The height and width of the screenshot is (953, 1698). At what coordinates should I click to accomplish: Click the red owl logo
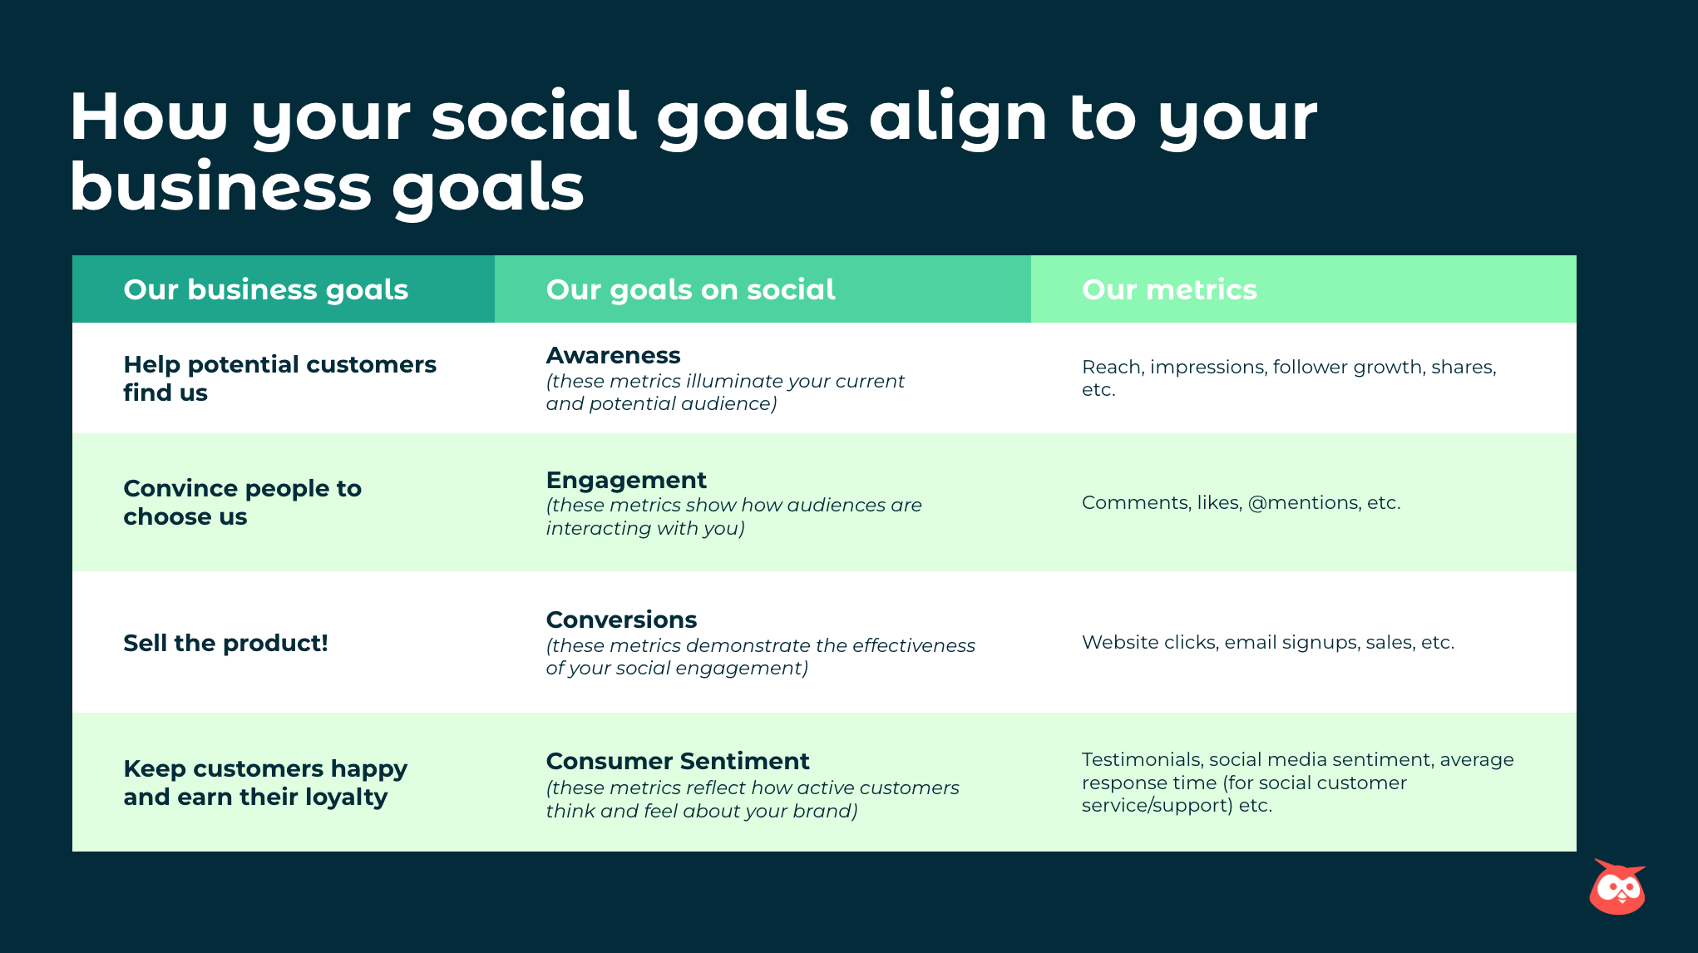point(1617,887)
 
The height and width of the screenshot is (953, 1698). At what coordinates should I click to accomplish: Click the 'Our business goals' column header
point(265,289)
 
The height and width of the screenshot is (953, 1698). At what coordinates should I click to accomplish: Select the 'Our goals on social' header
point(690,289)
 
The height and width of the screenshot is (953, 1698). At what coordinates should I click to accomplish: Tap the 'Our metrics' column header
point(1169,289)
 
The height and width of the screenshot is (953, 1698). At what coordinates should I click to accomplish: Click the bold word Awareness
point(613,355)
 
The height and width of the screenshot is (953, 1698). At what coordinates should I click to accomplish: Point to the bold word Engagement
point(626,480)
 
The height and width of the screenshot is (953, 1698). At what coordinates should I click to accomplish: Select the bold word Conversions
point(621,620)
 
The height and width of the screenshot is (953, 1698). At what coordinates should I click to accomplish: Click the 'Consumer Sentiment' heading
point(677,761)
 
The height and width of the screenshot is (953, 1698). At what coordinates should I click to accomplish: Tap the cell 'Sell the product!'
point(225,643)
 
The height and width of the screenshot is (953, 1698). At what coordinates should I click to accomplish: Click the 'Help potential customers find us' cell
point(279,378)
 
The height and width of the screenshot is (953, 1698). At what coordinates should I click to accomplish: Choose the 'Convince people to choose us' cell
point(242,502)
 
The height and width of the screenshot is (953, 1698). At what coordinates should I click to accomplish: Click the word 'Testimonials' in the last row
point(1142,759)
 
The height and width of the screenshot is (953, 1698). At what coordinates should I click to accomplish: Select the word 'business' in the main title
point(220,187)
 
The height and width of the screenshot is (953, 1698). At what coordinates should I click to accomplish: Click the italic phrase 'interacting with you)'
point(644,528)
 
